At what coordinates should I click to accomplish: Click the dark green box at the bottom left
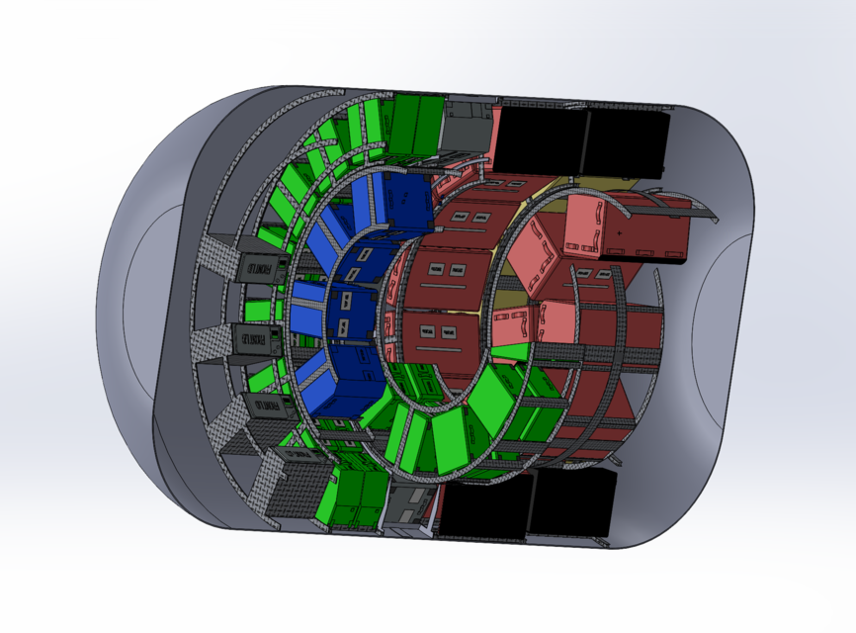[x=354, y=497]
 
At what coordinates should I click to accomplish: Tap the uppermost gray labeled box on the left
[x=260, y=267]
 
